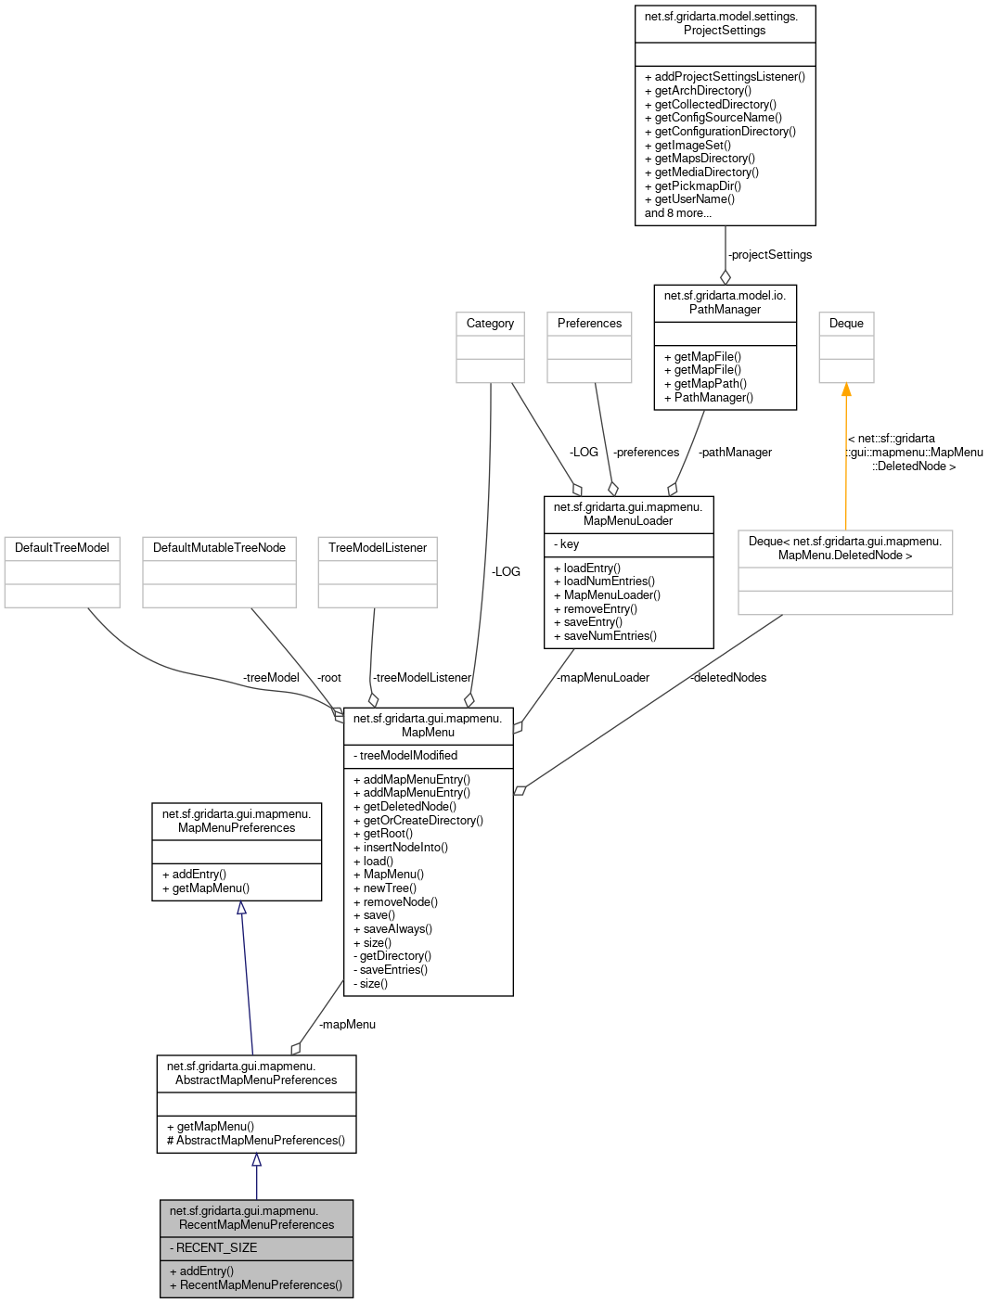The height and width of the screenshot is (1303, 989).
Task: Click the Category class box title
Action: (x=490, y=324)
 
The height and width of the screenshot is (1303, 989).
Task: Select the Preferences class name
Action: (x=589, y=324)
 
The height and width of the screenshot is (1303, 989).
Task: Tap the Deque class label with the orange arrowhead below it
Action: (x=846, y=324)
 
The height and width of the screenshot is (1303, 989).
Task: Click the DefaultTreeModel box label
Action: (x=62, y=548)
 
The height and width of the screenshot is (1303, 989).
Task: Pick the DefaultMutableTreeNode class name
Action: (x=219, y=548)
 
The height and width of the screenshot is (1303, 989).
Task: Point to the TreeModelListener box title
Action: (x=378, y=548)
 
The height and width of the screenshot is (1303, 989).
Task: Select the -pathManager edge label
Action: (x=735, y=453)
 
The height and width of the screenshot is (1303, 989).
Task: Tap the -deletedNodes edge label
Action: (x=728, y=678)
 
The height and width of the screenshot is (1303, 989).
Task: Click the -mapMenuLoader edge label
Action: (x=603, y=678)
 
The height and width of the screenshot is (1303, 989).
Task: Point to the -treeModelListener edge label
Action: (x=422, y=678)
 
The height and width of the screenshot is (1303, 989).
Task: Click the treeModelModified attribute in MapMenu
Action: (x=408, y=756)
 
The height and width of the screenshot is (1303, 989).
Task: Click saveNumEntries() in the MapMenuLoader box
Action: (x=610, y=636)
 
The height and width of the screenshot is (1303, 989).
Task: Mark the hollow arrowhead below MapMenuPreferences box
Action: (x=241, y=908)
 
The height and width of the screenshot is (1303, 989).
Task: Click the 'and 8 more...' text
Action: (x=678, y=213)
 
